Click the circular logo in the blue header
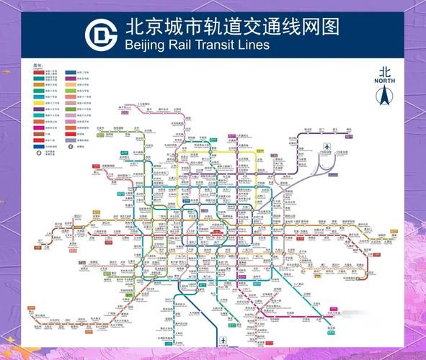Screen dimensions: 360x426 (100, 33)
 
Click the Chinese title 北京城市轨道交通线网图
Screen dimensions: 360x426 (232, 27)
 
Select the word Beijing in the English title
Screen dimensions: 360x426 (150, 45)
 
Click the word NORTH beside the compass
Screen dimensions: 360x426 (385, 81)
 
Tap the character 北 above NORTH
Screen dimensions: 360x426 (385, 71)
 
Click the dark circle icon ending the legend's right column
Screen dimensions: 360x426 (71, 146)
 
